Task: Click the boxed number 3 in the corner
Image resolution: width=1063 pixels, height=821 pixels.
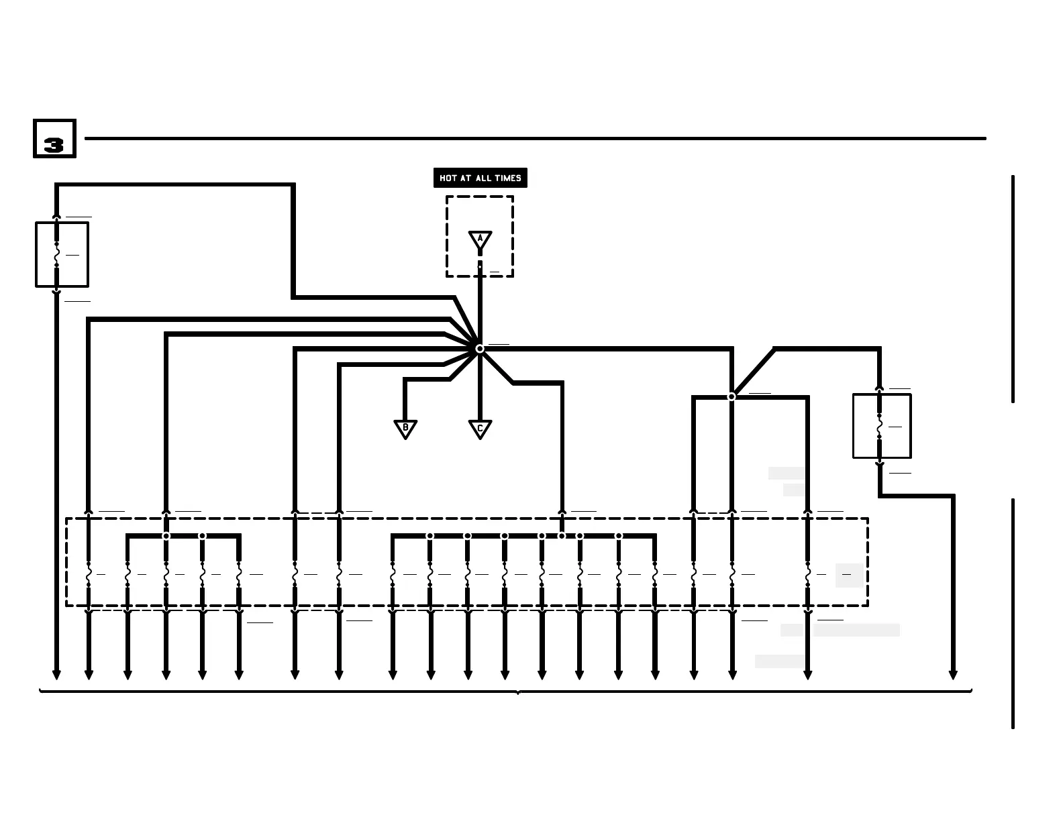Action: point(54,139)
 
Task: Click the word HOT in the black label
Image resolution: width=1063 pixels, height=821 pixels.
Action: point(448,178)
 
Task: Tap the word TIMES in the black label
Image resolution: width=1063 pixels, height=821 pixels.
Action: point(508,178)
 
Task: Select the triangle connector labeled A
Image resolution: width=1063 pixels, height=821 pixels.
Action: point(480,239)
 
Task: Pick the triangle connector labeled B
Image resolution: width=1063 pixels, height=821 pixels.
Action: point(405,429)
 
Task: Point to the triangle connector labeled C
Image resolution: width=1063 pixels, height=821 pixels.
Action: point(480,429)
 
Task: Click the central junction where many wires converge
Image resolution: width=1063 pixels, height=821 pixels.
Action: point(480,349)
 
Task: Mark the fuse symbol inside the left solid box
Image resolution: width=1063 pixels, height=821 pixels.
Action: point(56,255)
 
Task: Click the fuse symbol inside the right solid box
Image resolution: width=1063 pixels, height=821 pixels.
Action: point(879,427)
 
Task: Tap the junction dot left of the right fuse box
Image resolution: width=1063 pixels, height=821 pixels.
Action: point(731,397)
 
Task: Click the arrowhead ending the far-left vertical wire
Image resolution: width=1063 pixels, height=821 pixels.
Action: point(56,675)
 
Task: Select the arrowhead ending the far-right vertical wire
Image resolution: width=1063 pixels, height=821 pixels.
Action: point(952,675)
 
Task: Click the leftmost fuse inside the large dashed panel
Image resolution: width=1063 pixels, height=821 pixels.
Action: point(88,575)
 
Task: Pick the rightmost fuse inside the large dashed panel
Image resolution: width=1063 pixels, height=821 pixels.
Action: point(808,575)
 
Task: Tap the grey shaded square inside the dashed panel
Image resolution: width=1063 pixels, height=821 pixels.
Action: point(849,576)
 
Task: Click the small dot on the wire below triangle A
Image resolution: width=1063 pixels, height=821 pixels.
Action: point(480,267)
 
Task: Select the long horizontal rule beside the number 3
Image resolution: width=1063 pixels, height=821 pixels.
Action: point(535,139)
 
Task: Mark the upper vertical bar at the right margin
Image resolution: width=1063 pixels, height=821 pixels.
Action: point(1013,288)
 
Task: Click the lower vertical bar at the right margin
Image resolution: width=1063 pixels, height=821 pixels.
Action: point(1013,613)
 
